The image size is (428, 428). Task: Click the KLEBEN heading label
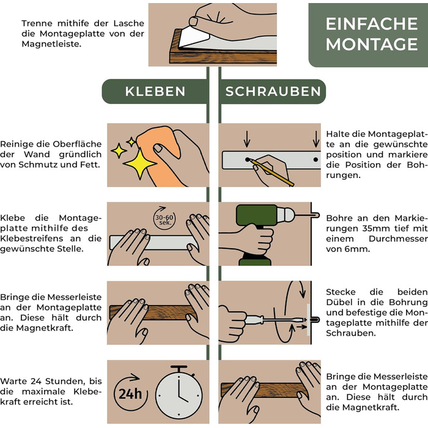click(x=155, y=92)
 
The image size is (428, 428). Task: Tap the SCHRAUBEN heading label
click(x=273, y=92)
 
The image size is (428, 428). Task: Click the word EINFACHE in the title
click(x=372, y=24)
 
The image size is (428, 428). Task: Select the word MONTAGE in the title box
click(x=372, y=44)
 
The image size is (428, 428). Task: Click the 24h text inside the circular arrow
click(x=130, y=394)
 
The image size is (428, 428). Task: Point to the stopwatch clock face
click(x=179, y=395)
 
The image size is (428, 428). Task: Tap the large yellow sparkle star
click(x=140, y=163)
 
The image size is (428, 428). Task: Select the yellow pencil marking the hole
click(x=272, y=173)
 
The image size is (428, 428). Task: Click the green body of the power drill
click(x=256, y=216)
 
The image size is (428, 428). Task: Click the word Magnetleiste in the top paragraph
click(x=51, y=44)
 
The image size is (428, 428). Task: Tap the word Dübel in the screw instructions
click(x=339, y=303)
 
